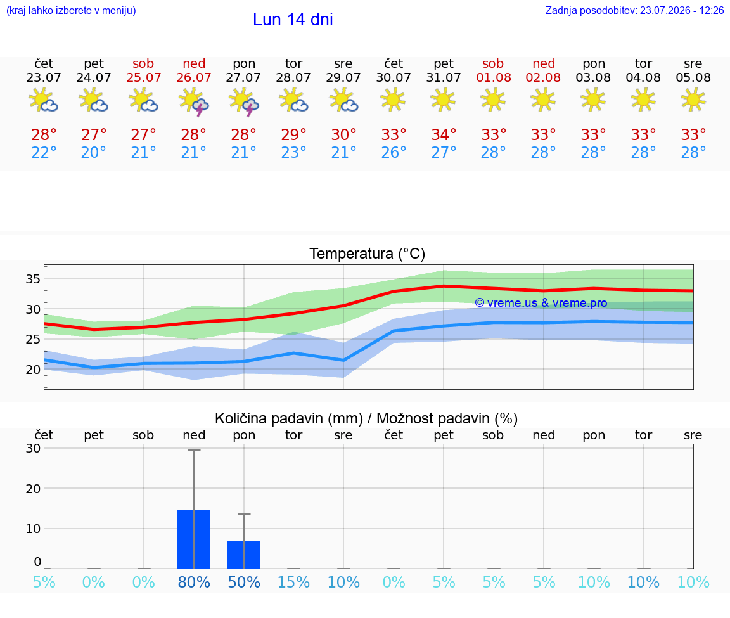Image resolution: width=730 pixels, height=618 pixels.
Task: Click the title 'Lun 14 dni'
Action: (x=293, y=20)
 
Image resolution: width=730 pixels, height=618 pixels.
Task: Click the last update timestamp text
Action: (x=634, y=11)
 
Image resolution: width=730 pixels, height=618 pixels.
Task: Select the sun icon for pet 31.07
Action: (x=443, y=100)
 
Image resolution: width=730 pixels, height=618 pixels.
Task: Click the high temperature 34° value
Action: (x=443, y=135)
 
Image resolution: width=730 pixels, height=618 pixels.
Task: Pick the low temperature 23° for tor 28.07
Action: (x=293, y=153)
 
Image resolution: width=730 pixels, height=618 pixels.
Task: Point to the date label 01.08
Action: (x=494, y=78)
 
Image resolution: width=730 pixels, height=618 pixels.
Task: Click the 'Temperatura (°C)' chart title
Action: (x=368, y=254)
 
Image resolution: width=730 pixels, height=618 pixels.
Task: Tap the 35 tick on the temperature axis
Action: (x=33, y=279)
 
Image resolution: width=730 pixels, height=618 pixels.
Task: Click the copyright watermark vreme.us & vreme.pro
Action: (x=541, y=303)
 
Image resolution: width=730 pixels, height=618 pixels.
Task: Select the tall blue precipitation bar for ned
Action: (x=194, y=539)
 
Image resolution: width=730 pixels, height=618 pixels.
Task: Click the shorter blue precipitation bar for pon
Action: (x=243, y=555)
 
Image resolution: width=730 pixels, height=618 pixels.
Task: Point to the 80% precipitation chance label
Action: (x=194, y=583)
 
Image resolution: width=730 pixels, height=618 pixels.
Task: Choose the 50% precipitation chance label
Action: (x=244, y=583)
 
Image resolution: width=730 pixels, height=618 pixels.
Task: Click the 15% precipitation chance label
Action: (x=294, y=583)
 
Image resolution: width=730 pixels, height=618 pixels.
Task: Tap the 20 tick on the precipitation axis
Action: (x=33, y=489)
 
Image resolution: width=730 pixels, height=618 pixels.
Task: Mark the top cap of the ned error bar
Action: (x=194, y=450)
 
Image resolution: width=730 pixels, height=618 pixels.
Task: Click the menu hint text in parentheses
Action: (x=71, y=11)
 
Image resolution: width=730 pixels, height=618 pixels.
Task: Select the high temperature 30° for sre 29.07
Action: (x=343, y=135)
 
